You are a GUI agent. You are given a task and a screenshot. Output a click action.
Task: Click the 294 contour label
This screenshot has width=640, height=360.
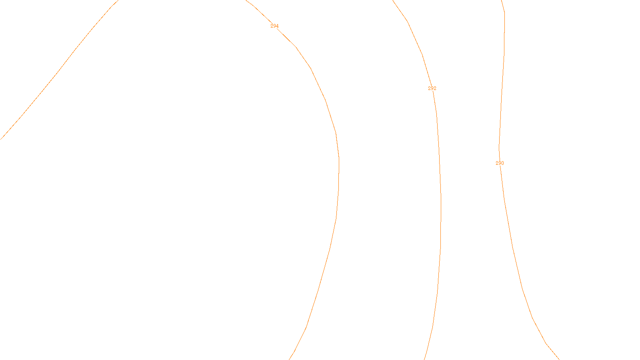[274, 26]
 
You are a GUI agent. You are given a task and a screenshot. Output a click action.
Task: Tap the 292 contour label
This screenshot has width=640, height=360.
[432, 88]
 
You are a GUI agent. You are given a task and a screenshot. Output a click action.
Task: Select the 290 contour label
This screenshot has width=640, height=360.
[500, 163]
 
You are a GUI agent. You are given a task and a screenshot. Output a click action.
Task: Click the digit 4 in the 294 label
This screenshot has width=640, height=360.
[277, 26]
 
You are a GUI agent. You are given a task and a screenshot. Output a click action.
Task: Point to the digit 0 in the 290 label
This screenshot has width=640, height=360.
[502, 163]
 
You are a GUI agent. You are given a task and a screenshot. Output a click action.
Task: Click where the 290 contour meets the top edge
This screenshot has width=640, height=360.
[502, 1]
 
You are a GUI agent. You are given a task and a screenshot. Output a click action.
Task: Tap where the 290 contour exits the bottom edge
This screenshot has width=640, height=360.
[558, 359]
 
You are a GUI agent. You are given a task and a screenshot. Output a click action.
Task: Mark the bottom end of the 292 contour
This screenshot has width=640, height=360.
[424, 359]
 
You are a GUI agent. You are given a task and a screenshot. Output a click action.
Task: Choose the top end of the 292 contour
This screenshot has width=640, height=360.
[393, 1]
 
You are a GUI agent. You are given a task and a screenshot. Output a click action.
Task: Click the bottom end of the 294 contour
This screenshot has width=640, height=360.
[290, 359]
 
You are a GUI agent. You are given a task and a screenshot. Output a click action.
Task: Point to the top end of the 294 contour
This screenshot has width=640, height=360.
[246, 1]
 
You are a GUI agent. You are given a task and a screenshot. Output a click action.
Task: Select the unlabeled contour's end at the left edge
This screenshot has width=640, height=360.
[1, 139]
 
